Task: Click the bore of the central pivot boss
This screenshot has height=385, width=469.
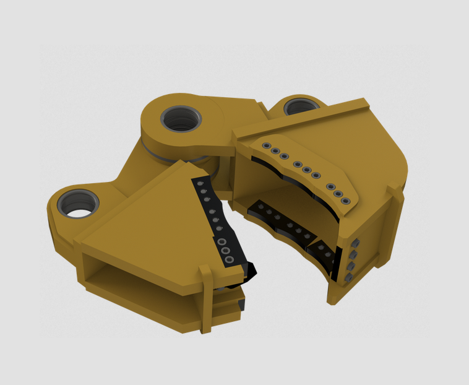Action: (181, 118)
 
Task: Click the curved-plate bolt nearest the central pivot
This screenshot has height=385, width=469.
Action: (266, 146)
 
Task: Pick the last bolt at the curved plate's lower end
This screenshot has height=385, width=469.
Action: (345, 201)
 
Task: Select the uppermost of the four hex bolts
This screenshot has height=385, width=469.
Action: (357, 242)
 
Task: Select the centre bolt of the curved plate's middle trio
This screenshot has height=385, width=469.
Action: (306, 170)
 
